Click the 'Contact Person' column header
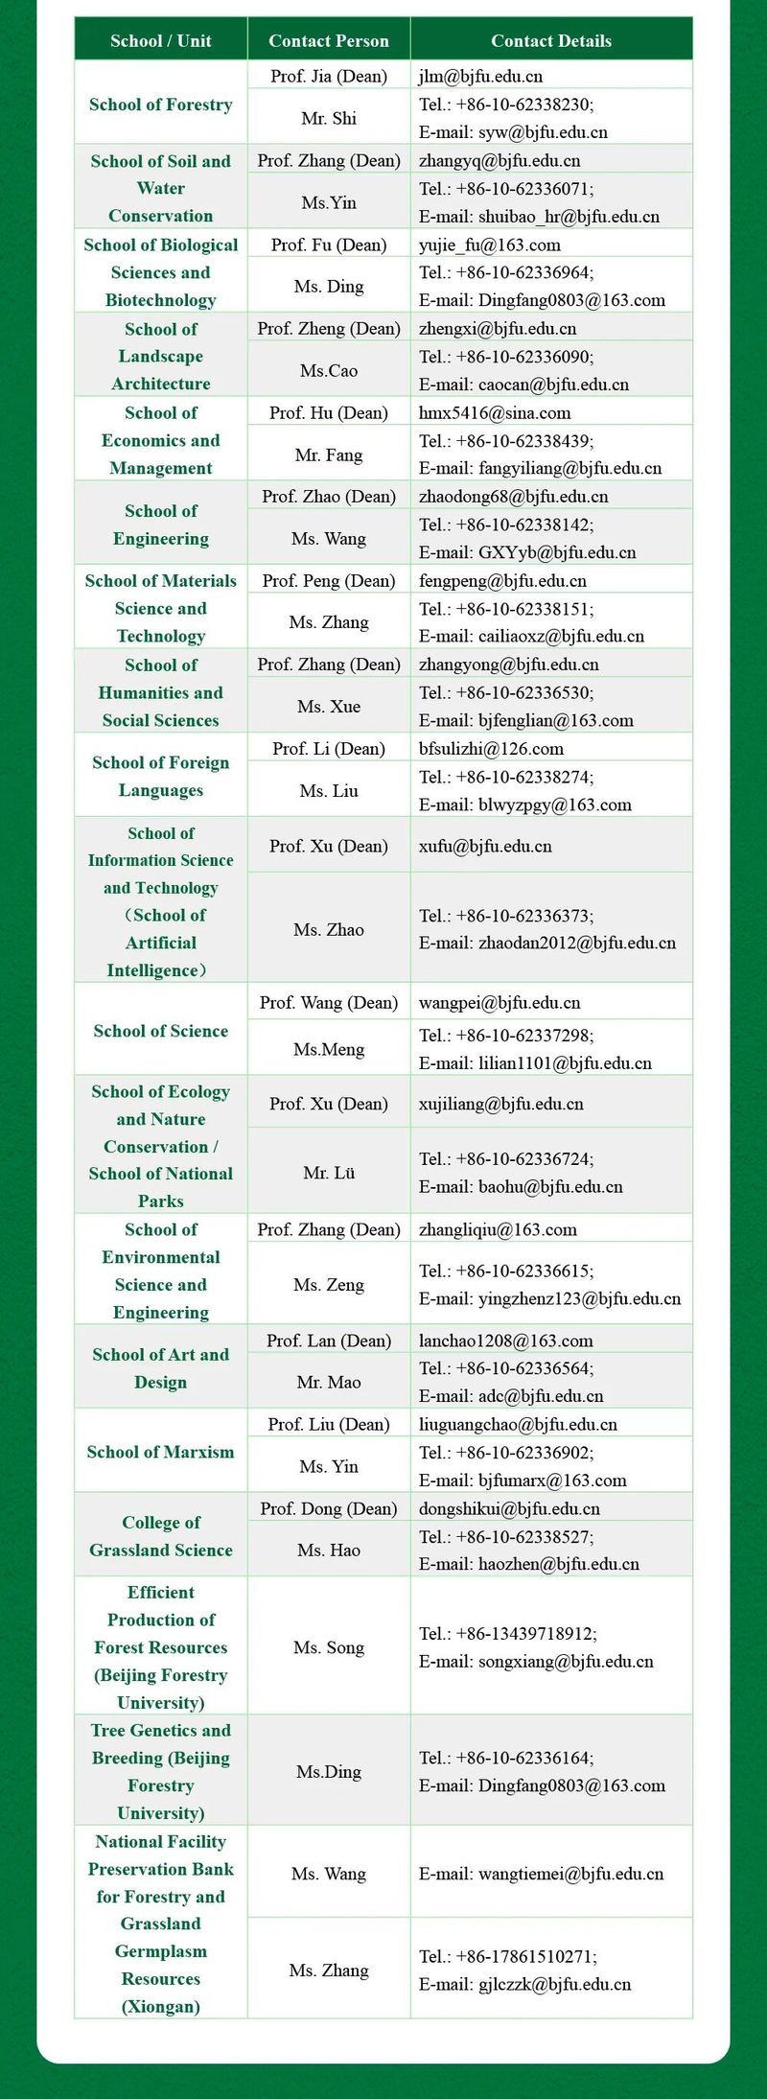pos(329,40)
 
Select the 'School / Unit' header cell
pos(161,40)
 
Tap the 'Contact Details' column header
pos(551,40)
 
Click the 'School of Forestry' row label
pos(161,105)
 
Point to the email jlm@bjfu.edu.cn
pos(480,76)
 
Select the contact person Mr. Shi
pos(329,118)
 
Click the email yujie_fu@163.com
pos(489,245)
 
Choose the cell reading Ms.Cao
pos(329,370)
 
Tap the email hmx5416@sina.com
pos(495,412)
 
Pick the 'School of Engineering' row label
pos(161,525)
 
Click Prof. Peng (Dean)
pos(329,580)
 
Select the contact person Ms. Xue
pos(329,707)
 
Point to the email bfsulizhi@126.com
pos(491,748)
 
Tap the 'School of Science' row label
pos(161,1031)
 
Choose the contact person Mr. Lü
pos(329,1172)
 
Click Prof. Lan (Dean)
pos(329,1341)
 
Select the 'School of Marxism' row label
pos(161,1452)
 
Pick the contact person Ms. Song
pos(329,1647)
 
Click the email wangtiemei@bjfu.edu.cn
pos(541,1873)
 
